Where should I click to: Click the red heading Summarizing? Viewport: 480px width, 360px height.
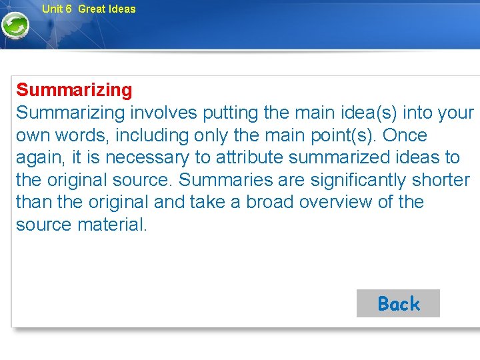click(74, 90)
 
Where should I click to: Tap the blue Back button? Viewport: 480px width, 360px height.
click(398, 304)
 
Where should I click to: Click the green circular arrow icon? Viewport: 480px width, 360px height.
click(15, 26)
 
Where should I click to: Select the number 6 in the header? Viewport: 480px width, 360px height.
click(69, 9)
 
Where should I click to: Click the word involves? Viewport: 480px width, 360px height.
click(163, 113)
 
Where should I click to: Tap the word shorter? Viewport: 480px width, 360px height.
click(441, 180)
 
